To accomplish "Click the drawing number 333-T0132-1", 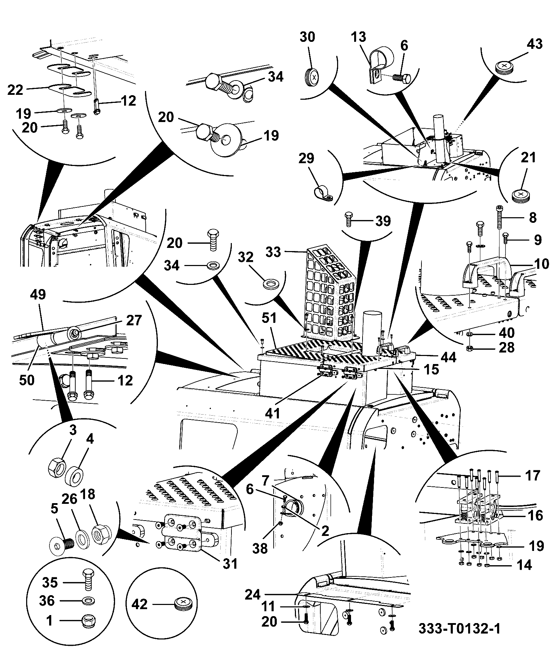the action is coord(459,629).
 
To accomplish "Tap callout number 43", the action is coord(535,44).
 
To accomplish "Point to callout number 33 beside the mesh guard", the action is coord(273,251).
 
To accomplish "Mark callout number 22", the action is coord(15,90).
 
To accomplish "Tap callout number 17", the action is coord(532,476).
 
